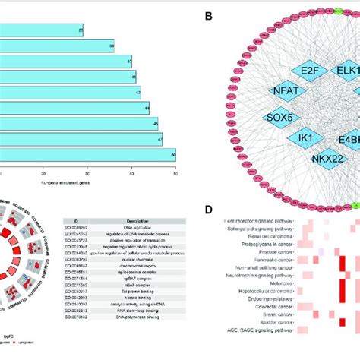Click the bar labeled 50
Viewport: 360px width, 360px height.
(87, 155)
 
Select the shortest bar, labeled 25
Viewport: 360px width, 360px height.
(42, 30)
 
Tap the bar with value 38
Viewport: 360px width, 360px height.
(57, 46)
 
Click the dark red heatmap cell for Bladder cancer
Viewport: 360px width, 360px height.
(343, 322)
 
